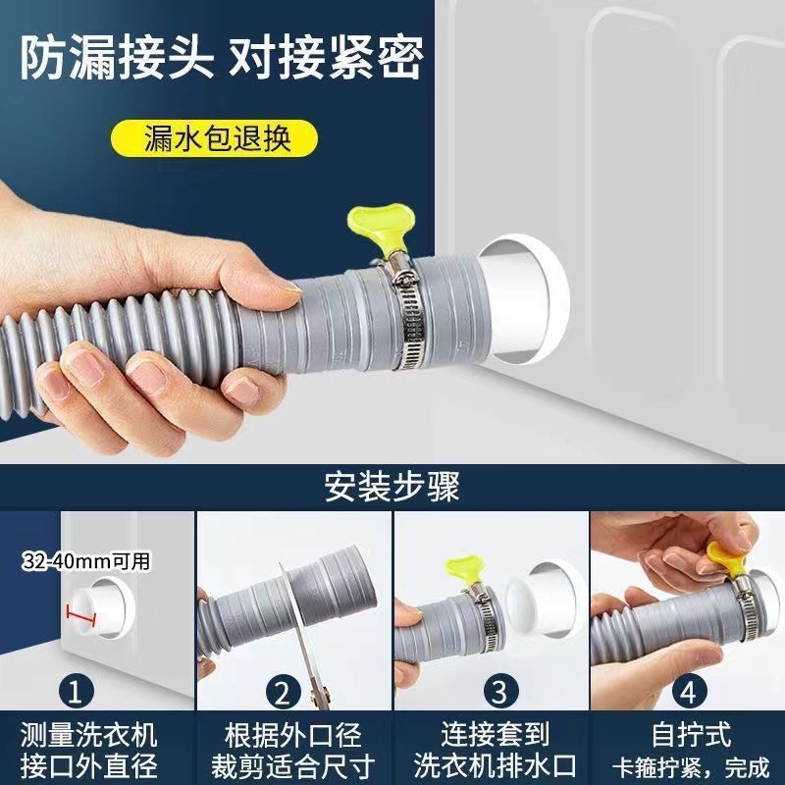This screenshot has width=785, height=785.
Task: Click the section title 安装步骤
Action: point(392,484)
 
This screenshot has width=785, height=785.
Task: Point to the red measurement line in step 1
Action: point(82,615)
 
